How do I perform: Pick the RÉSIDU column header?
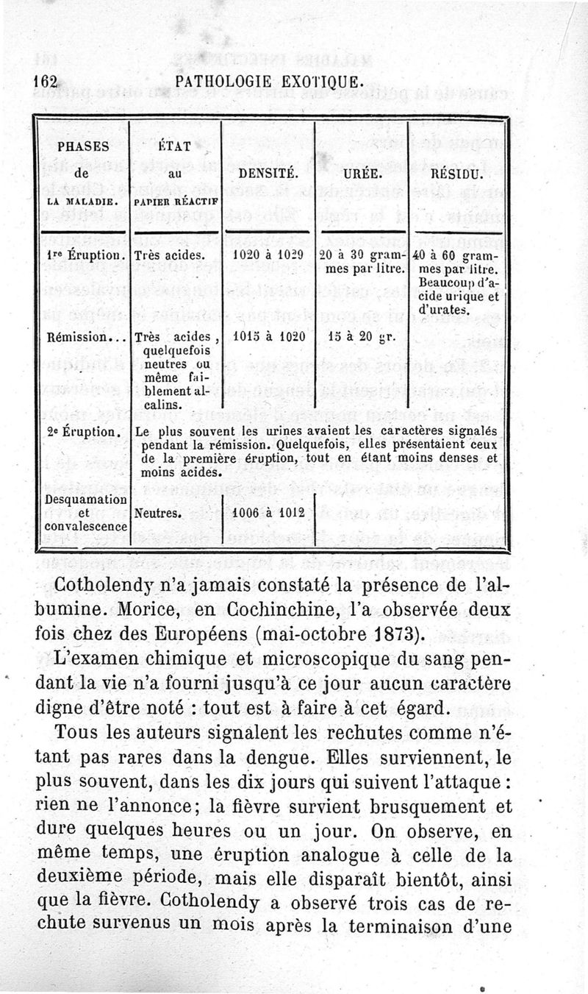(455, 175)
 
